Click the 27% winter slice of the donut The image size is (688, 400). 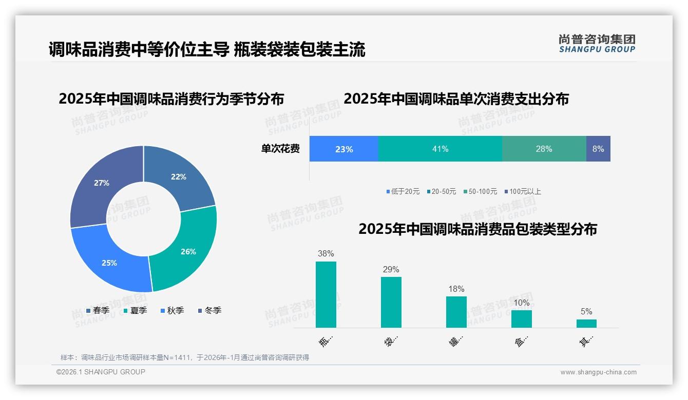(x=102, y=183)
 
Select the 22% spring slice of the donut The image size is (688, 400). (x=179, y=177)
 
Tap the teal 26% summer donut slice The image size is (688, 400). (x=188, y=251)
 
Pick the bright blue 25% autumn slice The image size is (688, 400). (x=109, y=263)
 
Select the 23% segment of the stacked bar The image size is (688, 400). (x=343, y=149)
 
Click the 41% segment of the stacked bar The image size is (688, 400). (x=440, y=149)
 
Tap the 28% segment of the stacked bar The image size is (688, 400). (x=544, y=149)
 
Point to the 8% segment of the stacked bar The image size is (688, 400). (x=598, y=149)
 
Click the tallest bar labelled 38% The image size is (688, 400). (x=326, y=294)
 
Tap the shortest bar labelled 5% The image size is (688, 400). (x=586, y=324)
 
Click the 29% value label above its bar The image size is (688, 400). (x=391, y=270)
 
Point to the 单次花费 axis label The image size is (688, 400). (x=280, y=149)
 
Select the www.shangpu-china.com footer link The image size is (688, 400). (x=598, y=372)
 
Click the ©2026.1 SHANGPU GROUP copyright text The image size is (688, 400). (x=101, y=372)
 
